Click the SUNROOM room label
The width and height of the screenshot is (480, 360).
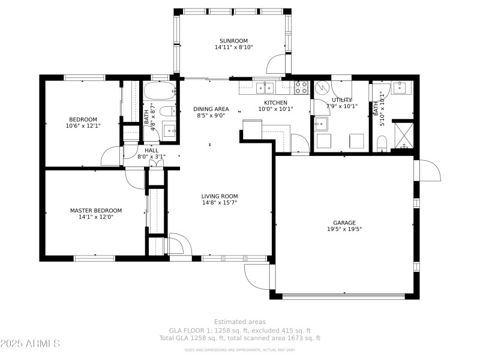pyautogui.click(x=233, y=41)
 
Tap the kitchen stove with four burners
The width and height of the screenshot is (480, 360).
pyautogui.click(x=301, y=88)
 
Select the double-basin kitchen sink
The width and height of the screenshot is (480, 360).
pyautogui.click(x=265, y=88)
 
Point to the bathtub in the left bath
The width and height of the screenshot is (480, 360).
pyautogui.click(x=158, y=91)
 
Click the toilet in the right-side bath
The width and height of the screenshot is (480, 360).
pyautogui.click(x=382, y=143)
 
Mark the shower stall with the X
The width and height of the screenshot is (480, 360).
pyautogui.click(x=403, y=134)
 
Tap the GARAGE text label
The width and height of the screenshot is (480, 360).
pyautogui.click(x=344, y=222)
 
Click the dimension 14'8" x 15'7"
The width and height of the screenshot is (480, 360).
pyautogui.click(x=219, y=203)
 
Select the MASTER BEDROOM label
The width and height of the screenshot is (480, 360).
pyautogui.click(x=96, y=211)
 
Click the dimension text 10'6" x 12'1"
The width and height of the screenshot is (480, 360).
pyautogui.click(x=83, y=126)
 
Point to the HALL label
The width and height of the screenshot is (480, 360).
pyautogui.click(x=151, y=150)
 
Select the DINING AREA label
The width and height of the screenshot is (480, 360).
pyautogui.click(x=211, y=109)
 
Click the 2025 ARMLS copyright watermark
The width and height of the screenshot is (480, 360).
pyautogui.click(x=30, y=344)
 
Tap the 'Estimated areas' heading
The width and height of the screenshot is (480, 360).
pyautogui.click(x=240, y=322)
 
